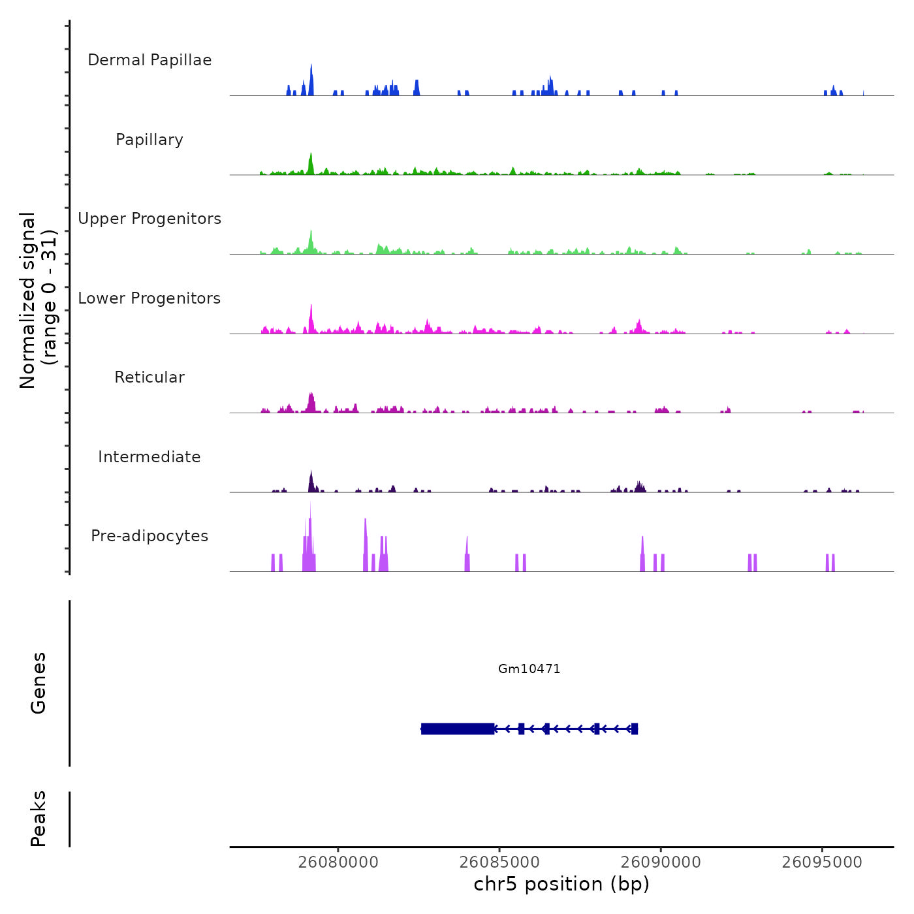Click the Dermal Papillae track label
pos(150,60)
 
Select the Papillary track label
pos(150,140)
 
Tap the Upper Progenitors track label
pos(150,219)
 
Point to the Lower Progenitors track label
pos(150,298)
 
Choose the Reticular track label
pos(150,377)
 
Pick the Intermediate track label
pos(150,457)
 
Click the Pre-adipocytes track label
pos(150,536)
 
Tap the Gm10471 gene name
pos(529,669)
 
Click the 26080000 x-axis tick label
pos(338,862)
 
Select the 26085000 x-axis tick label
pos(499,862)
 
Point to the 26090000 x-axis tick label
pos(661,862)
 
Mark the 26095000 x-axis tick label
pos(822,862)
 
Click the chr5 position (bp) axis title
pos(561,885)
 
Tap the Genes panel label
pos(39,683)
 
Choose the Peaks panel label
pos(39,819)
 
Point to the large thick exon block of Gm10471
pos(458,729)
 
